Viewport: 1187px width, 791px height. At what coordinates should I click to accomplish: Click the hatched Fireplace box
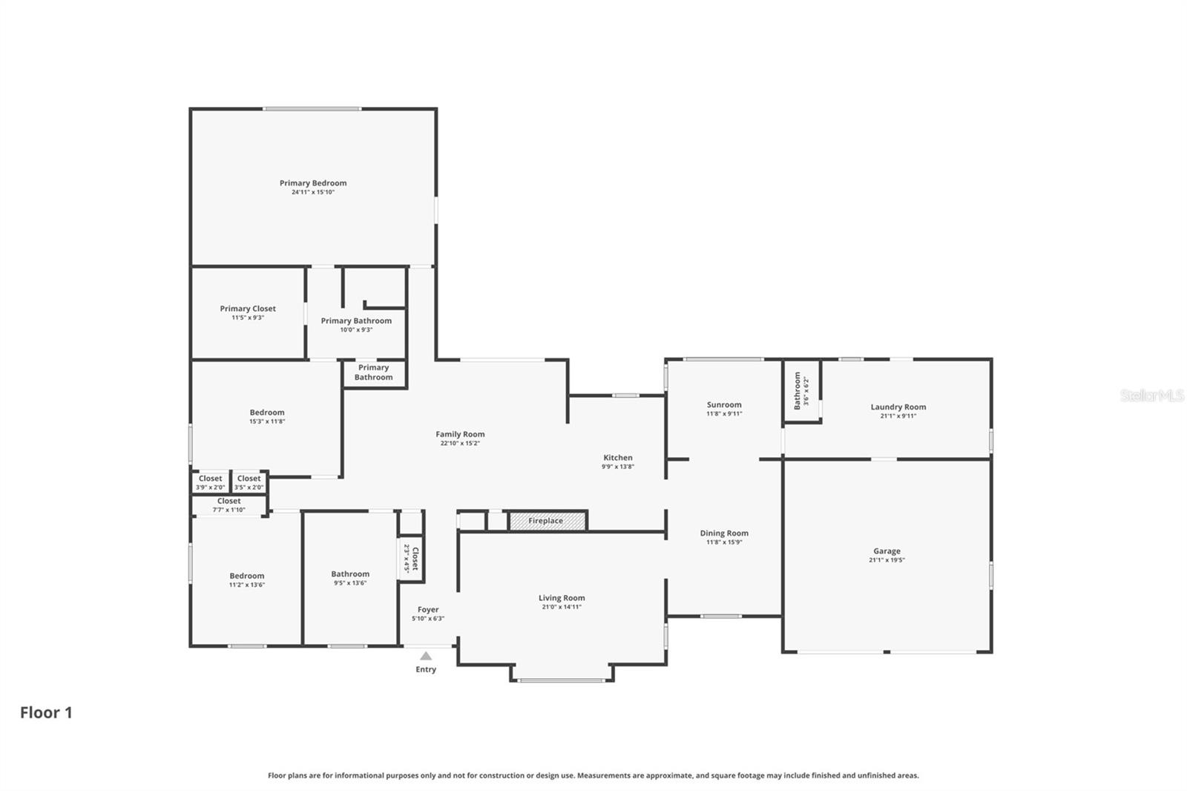(547, 521)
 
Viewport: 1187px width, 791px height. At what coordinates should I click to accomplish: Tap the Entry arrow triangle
(426, 656)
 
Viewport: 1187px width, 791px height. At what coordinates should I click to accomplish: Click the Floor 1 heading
(46, 712)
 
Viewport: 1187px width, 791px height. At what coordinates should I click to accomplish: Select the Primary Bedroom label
(313, 183)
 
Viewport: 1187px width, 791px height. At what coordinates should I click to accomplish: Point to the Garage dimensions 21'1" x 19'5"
(887, 560)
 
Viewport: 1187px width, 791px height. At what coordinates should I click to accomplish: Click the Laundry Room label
(898, 407)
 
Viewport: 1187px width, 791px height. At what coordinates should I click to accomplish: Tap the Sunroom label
(723, 405)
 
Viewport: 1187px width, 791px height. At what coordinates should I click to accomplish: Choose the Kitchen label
(617, 458)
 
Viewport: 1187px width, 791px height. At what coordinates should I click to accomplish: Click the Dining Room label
(723, 533)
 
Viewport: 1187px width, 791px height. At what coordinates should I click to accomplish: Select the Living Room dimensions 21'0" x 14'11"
(562, 607)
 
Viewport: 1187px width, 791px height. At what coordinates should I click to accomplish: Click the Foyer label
(428, 610)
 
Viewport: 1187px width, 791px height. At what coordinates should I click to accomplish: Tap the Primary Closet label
(248, 309)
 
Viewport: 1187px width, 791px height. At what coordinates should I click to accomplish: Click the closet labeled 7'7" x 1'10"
(229, 505)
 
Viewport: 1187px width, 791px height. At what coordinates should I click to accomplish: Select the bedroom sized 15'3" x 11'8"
(267, 416)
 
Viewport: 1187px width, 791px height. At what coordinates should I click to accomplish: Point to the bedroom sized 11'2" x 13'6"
(247, 580)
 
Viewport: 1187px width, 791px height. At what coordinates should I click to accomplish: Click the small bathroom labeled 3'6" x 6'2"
(801, 391)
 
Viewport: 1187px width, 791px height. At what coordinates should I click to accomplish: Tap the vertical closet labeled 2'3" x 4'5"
(411, 558)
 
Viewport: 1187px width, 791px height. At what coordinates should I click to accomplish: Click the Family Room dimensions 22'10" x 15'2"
(460, 444)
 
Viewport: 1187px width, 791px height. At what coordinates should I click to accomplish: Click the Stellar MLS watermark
(1151, 395)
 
